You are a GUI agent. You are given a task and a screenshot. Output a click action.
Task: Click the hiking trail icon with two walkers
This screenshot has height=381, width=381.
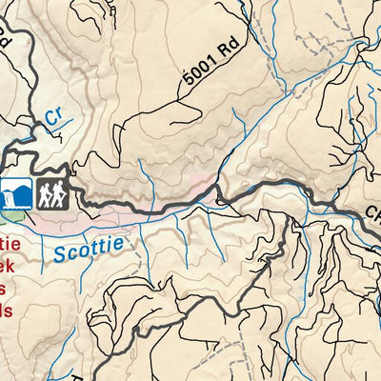click(x=50, y=193)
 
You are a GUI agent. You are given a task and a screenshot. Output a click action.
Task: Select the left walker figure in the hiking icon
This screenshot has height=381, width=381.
click(x=44, y=193)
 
